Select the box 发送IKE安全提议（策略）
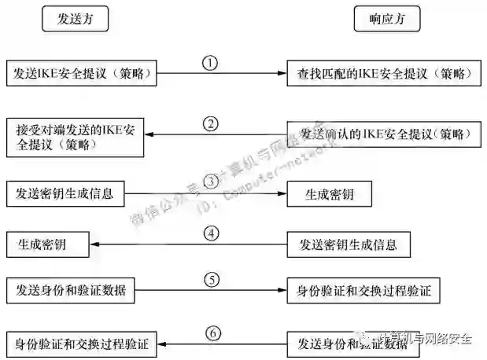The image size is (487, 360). tap(81, 74)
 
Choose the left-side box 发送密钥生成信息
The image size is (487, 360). tap(65, 193)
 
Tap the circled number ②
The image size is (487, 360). tap(209, 123)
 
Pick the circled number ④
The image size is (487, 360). tap(210, 233)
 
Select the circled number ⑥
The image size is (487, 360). tap(213, 332)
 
